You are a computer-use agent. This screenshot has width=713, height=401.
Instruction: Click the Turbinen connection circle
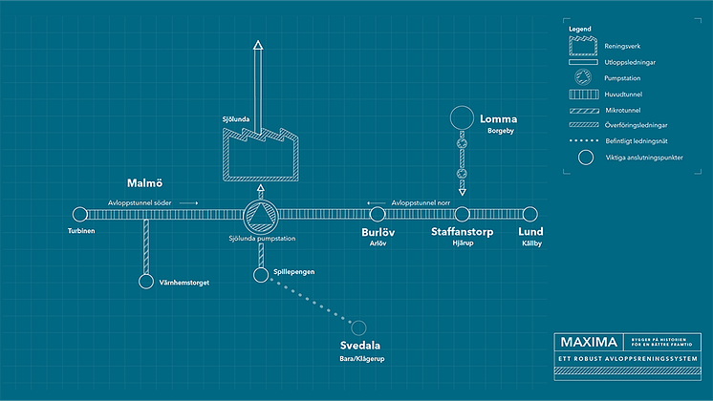(80, 215)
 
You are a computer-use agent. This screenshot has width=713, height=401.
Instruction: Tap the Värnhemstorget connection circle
(146, 281)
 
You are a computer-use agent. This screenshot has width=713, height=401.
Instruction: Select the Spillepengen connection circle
(260, 275)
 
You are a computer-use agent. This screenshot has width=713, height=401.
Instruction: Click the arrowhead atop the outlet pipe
(258, 49)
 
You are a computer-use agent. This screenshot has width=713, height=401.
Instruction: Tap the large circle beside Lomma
(463, 118)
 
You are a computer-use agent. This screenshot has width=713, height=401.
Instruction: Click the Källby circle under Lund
(529, 215)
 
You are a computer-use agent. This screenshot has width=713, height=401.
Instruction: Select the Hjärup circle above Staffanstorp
(463, 215)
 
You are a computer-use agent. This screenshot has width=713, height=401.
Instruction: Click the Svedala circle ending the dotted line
(359, 327)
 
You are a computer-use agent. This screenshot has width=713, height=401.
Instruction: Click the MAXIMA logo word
(587, 342)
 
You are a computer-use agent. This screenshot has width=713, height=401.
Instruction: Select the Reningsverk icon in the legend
(584, 45)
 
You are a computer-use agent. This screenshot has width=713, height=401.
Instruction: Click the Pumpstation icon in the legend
(584, 77)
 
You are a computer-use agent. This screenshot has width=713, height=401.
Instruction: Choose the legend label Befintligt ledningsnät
(637, 141)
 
